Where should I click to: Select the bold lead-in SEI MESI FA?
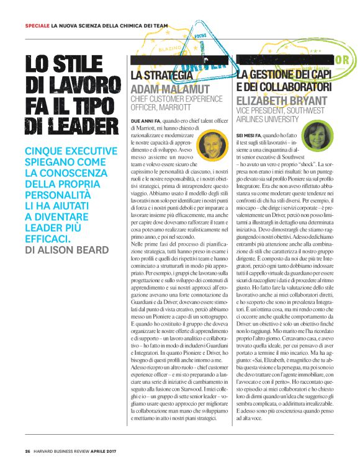pyautogui.click(x=251, y=135)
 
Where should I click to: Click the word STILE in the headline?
pyautogui.click(x=82, y=64)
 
